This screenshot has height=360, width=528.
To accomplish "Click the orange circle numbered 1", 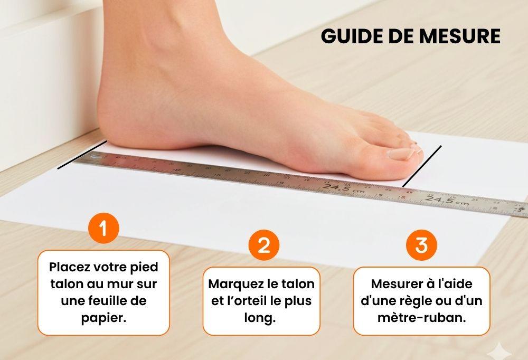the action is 103,229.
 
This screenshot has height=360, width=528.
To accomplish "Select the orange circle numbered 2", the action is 263,245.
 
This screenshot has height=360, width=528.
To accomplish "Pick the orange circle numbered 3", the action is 421,245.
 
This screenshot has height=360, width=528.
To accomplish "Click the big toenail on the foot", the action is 401,154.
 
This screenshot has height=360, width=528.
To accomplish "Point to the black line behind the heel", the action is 82,155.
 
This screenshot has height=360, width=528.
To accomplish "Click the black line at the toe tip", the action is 422,166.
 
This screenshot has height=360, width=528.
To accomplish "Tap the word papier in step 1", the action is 103,318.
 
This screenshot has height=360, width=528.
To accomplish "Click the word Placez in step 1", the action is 69,267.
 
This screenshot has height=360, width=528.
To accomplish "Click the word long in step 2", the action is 260,318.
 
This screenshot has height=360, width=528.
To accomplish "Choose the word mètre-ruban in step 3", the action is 421,318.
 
